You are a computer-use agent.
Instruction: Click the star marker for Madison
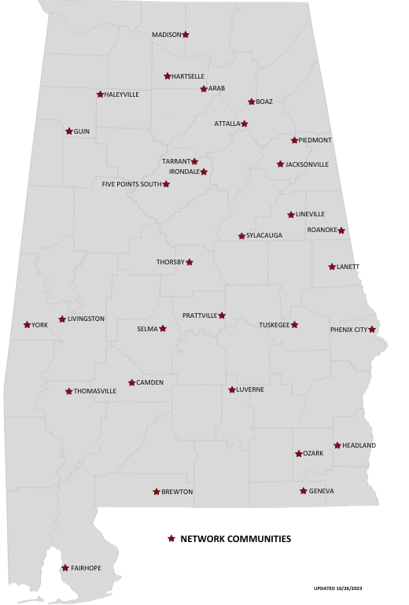point(186,35)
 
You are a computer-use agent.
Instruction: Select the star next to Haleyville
point(100,94)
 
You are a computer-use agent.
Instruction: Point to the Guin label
point(82,131)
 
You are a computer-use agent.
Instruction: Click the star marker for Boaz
point(251,101)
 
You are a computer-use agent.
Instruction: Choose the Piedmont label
point(315,140)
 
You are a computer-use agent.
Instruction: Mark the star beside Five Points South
point(166,184)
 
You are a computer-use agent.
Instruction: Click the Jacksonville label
point(307,164)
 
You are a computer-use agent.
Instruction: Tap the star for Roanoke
point(341,231)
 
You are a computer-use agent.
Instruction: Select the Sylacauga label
point(263,235)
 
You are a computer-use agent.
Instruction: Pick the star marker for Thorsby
point(189,262)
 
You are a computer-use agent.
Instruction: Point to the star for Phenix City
point(372,330)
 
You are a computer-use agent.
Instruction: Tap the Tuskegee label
point(275,325)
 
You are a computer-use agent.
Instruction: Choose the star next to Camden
point(131,383)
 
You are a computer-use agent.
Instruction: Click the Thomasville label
point(94,391)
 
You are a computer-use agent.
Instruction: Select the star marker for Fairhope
point(64,568)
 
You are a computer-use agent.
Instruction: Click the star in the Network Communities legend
point(171,539)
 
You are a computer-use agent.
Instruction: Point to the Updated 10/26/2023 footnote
point(337,588)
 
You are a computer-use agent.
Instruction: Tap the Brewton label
point(177,492)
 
